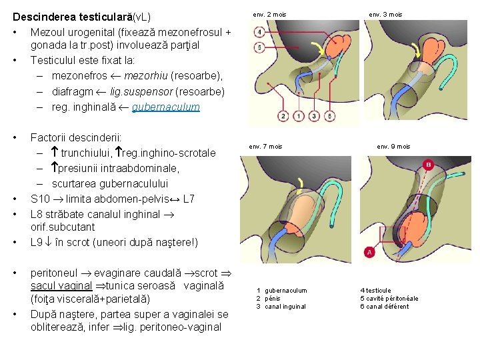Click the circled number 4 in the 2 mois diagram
coord(259,33)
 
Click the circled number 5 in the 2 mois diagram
coord(259,47)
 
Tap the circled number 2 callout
coord(284,117)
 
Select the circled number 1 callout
coord(297,117)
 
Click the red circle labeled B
coord(428,164)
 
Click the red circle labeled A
coord(369,252)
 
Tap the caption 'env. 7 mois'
coord(265,146)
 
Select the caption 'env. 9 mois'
coord(393,146)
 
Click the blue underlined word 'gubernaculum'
coord(165,107)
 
